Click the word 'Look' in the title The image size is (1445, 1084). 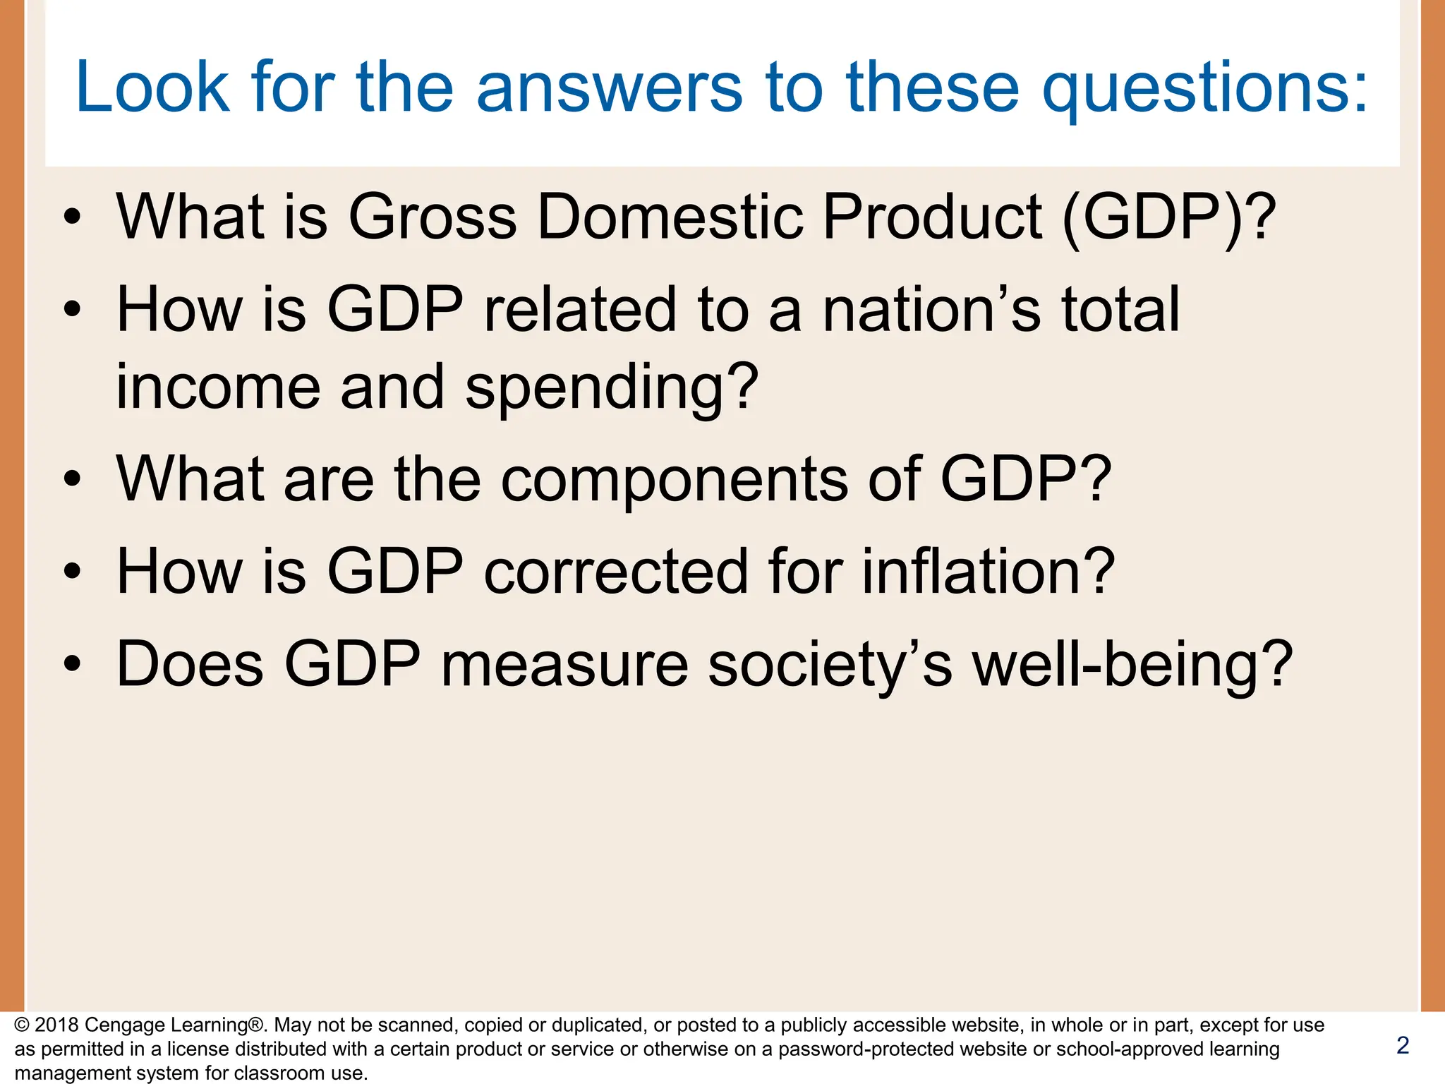pyautogui.click(x=152, y=88)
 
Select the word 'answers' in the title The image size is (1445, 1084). pyautogui.click(x=610, y=88)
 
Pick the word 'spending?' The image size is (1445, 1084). pyautogui.click(x=612, y=388)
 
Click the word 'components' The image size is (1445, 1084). pyautogui.click(x=675, y=480)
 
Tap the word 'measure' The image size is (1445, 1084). pyautogui.click(x=564, y=665)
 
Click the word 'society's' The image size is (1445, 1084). pyautogui.click(x=830, y=665)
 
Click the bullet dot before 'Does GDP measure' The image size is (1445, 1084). pyautogui.click(x=72, y=665)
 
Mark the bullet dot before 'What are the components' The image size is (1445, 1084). pyautogui.click(x=72, y=480)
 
